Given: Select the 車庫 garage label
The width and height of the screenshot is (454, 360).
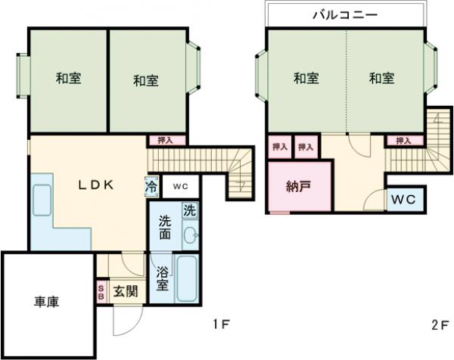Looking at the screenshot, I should coord(46,302).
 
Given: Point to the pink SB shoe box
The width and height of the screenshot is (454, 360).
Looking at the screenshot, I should coord(101,293).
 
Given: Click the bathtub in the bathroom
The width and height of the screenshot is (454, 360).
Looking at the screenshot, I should coord(186,278).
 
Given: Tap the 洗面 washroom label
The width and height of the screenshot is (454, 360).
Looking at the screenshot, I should coord(165,227).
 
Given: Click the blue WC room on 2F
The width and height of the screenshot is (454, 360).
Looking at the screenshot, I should coord(402,200).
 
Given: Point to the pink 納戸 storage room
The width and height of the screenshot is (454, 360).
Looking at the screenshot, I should coord(297,187).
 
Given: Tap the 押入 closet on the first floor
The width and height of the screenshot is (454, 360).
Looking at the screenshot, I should coord(165,141).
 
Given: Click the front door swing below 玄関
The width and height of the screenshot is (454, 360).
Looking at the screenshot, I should coord(123,321).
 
